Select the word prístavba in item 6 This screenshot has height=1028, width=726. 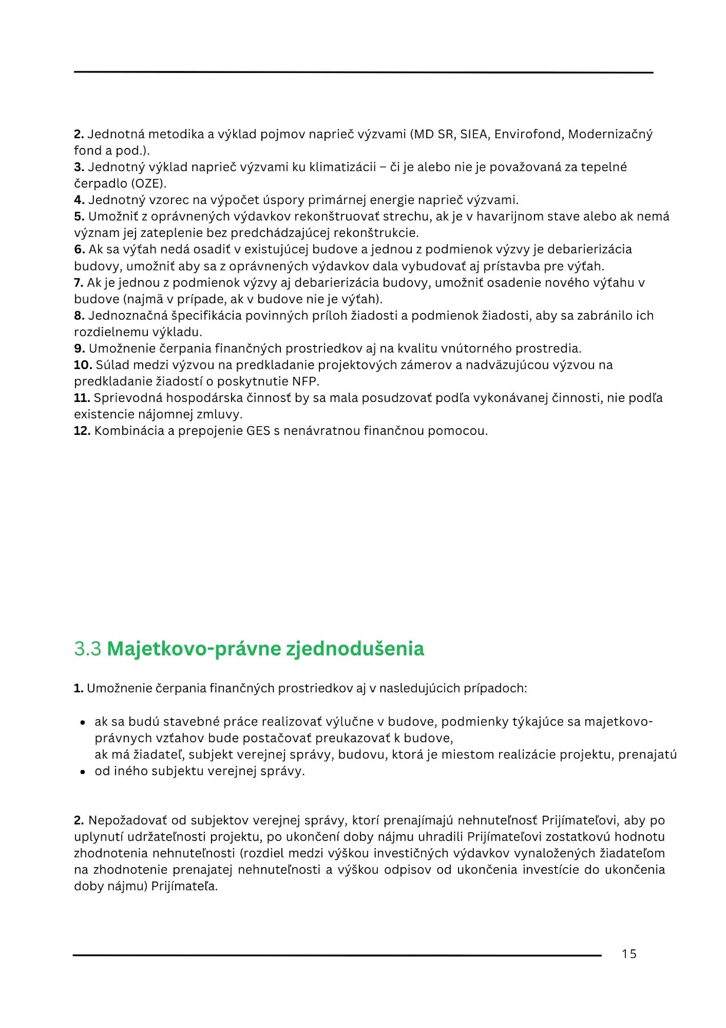coord(507,266)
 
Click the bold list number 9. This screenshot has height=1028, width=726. coord(79,348)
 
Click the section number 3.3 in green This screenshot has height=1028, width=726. coord(88,649)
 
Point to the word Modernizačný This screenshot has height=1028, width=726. coord(610,134)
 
